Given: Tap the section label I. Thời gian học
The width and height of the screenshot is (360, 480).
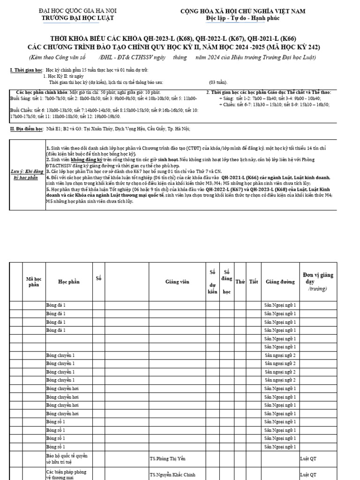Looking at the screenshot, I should click(x=26, y=69).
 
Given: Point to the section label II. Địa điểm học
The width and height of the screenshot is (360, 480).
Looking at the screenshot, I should click(x=27, y=128).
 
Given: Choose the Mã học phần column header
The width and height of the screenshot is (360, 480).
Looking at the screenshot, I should click(x=34, y=281).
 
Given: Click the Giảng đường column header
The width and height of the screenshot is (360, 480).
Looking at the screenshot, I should click(x=280, y=282).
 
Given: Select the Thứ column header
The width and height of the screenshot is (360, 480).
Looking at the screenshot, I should click(x=240, y=282).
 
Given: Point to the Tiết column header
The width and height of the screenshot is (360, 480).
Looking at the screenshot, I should click(x=254, y=282).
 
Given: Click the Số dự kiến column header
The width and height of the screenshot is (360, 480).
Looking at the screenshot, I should click(x=212, y=281).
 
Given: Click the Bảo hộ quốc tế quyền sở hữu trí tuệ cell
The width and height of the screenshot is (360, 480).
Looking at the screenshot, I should click(x=67, y=458).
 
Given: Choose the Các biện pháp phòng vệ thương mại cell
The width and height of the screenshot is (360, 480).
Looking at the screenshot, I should click(x=67, y=474).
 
